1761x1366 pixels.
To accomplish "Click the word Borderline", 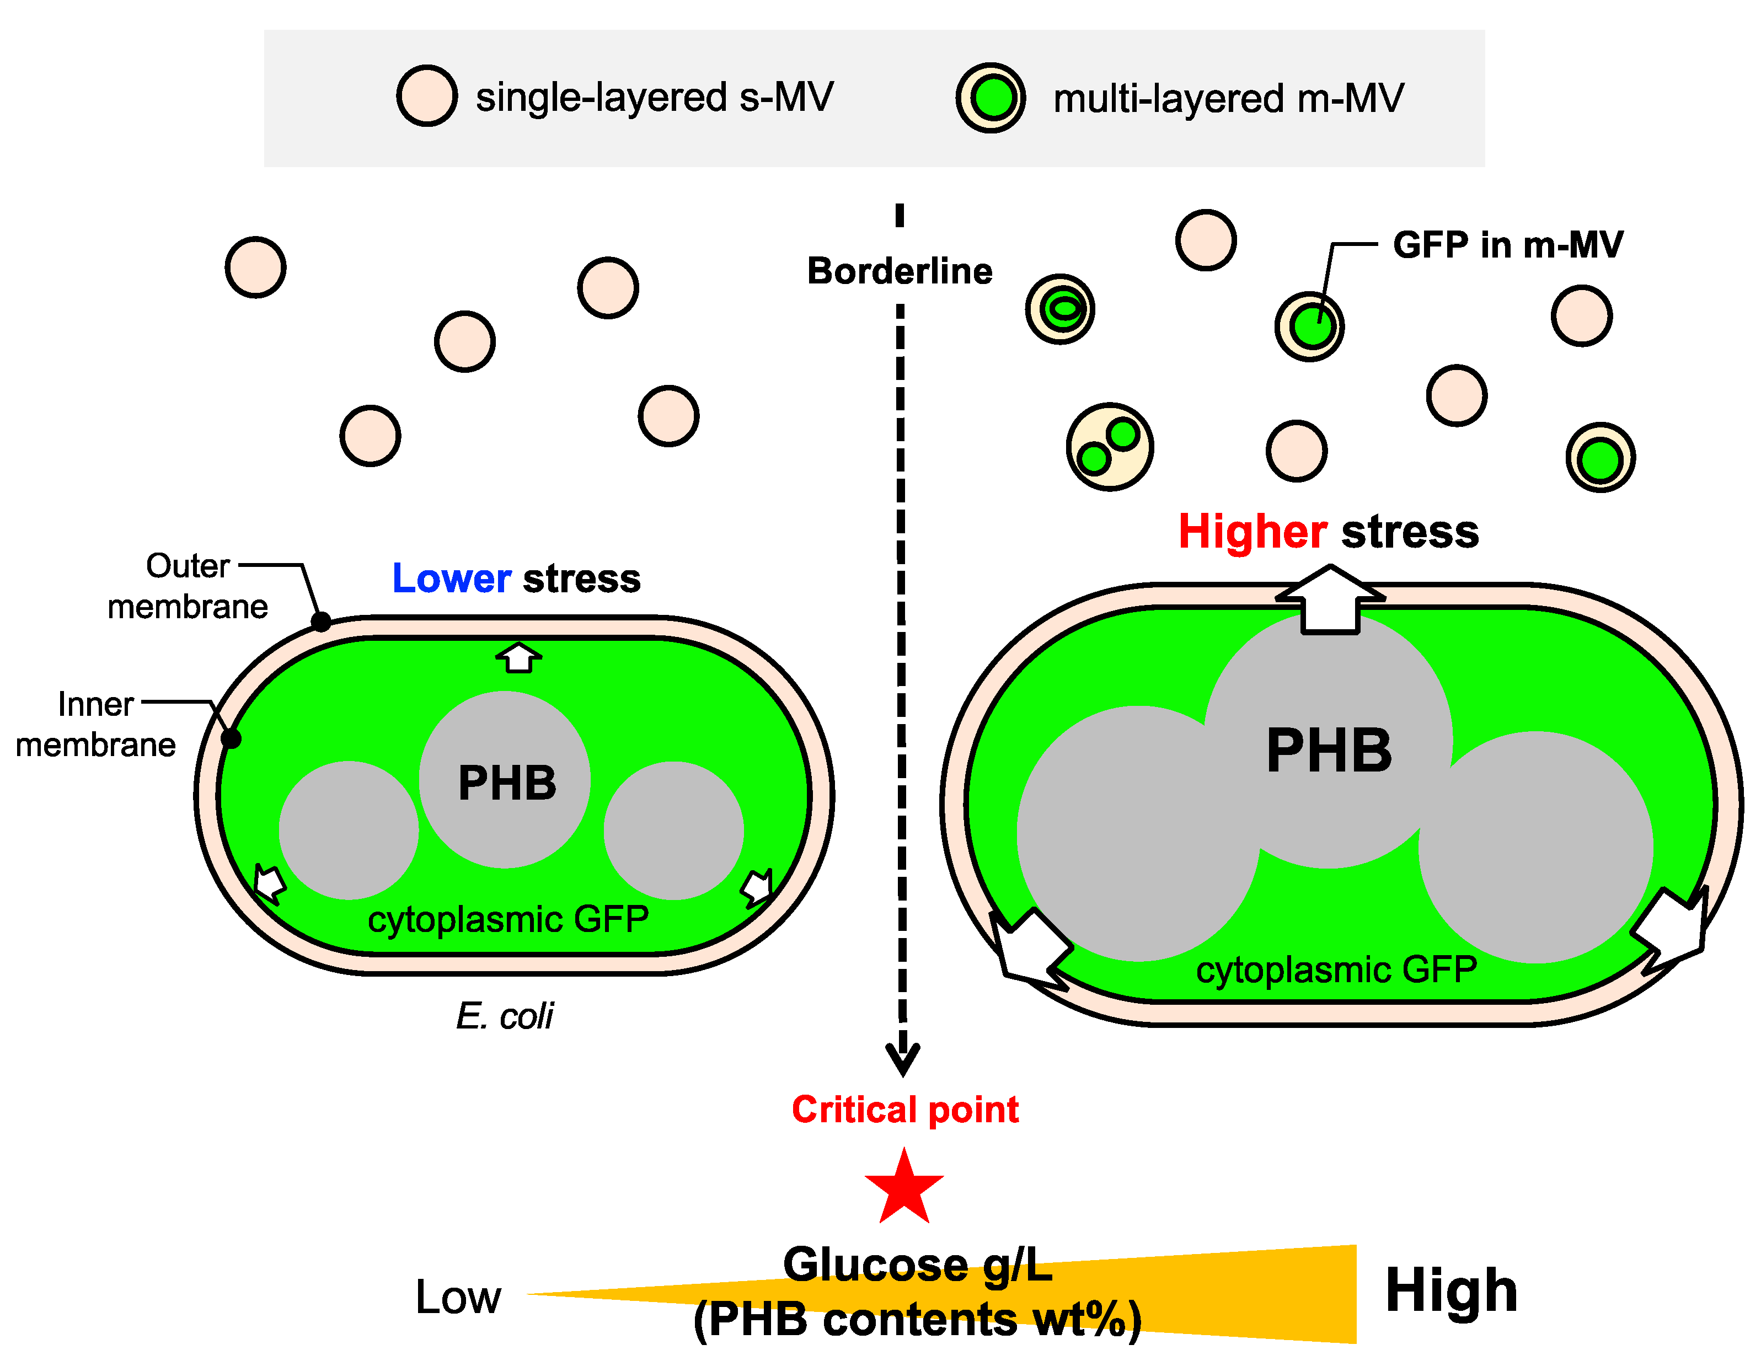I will (900, 271).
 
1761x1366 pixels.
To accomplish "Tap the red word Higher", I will (1252, 532).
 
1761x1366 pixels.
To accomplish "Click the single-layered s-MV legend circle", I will (426, 96).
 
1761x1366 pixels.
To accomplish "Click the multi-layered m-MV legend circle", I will (991, 98).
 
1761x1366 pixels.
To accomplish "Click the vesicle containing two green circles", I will (1110, 447).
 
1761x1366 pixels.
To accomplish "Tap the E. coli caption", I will (505, 1016).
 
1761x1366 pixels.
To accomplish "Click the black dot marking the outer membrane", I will (321, 622).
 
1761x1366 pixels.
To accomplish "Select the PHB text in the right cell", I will (1329, 751).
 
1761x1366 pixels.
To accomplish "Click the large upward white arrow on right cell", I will (1330, 601).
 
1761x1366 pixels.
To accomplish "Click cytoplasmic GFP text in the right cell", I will (1336, 969).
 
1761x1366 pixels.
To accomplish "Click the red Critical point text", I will (904, 1110).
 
